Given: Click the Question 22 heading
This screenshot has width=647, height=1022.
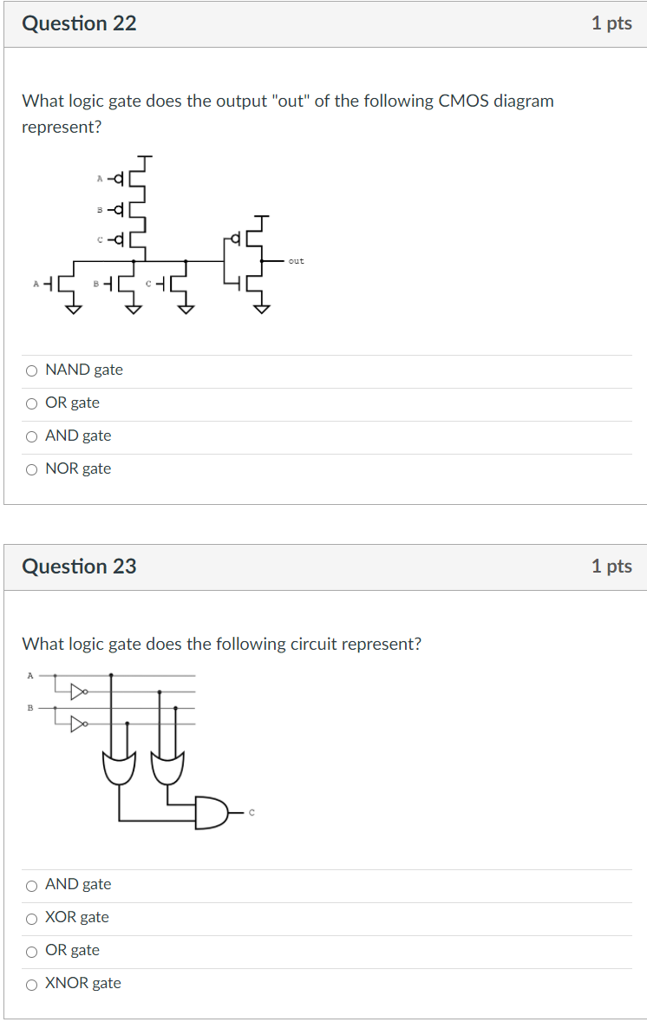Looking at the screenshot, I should [79, 23].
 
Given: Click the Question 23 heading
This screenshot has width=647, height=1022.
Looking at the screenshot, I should [79, 567].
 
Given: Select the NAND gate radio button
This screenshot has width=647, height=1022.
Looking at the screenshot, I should [31, 370].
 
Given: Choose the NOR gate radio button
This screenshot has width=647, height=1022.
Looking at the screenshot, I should [31, 469].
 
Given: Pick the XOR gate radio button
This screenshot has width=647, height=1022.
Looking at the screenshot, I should [31, 918].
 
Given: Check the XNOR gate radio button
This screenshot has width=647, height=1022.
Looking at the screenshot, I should [31, 984].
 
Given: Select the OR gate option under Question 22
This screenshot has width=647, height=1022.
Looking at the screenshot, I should [31, 403].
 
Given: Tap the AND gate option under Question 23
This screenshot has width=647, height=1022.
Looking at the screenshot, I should [31, 885].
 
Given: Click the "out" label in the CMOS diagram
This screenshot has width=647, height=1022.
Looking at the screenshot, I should [297, 260].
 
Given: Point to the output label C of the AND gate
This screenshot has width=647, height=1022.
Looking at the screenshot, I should [252, 813].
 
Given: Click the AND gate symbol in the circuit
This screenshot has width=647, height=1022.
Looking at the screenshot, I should [212, 812].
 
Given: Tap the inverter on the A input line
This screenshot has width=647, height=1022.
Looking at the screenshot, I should [79, 691].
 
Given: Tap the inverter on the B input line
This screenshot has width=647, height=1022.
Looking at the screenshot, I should [79, 722].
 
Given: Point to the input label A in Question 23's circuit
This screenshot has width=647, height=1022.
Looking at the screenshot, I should [30, 674].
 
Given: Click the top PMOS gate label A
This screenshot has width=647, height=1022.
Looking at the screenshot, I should [100, 179].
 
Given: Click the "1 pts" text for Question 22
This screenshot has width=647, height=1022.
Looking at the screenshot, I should [611, 23].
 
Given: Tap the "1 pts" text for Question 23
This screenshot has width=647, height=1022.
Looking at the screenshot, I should [611, 567].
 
